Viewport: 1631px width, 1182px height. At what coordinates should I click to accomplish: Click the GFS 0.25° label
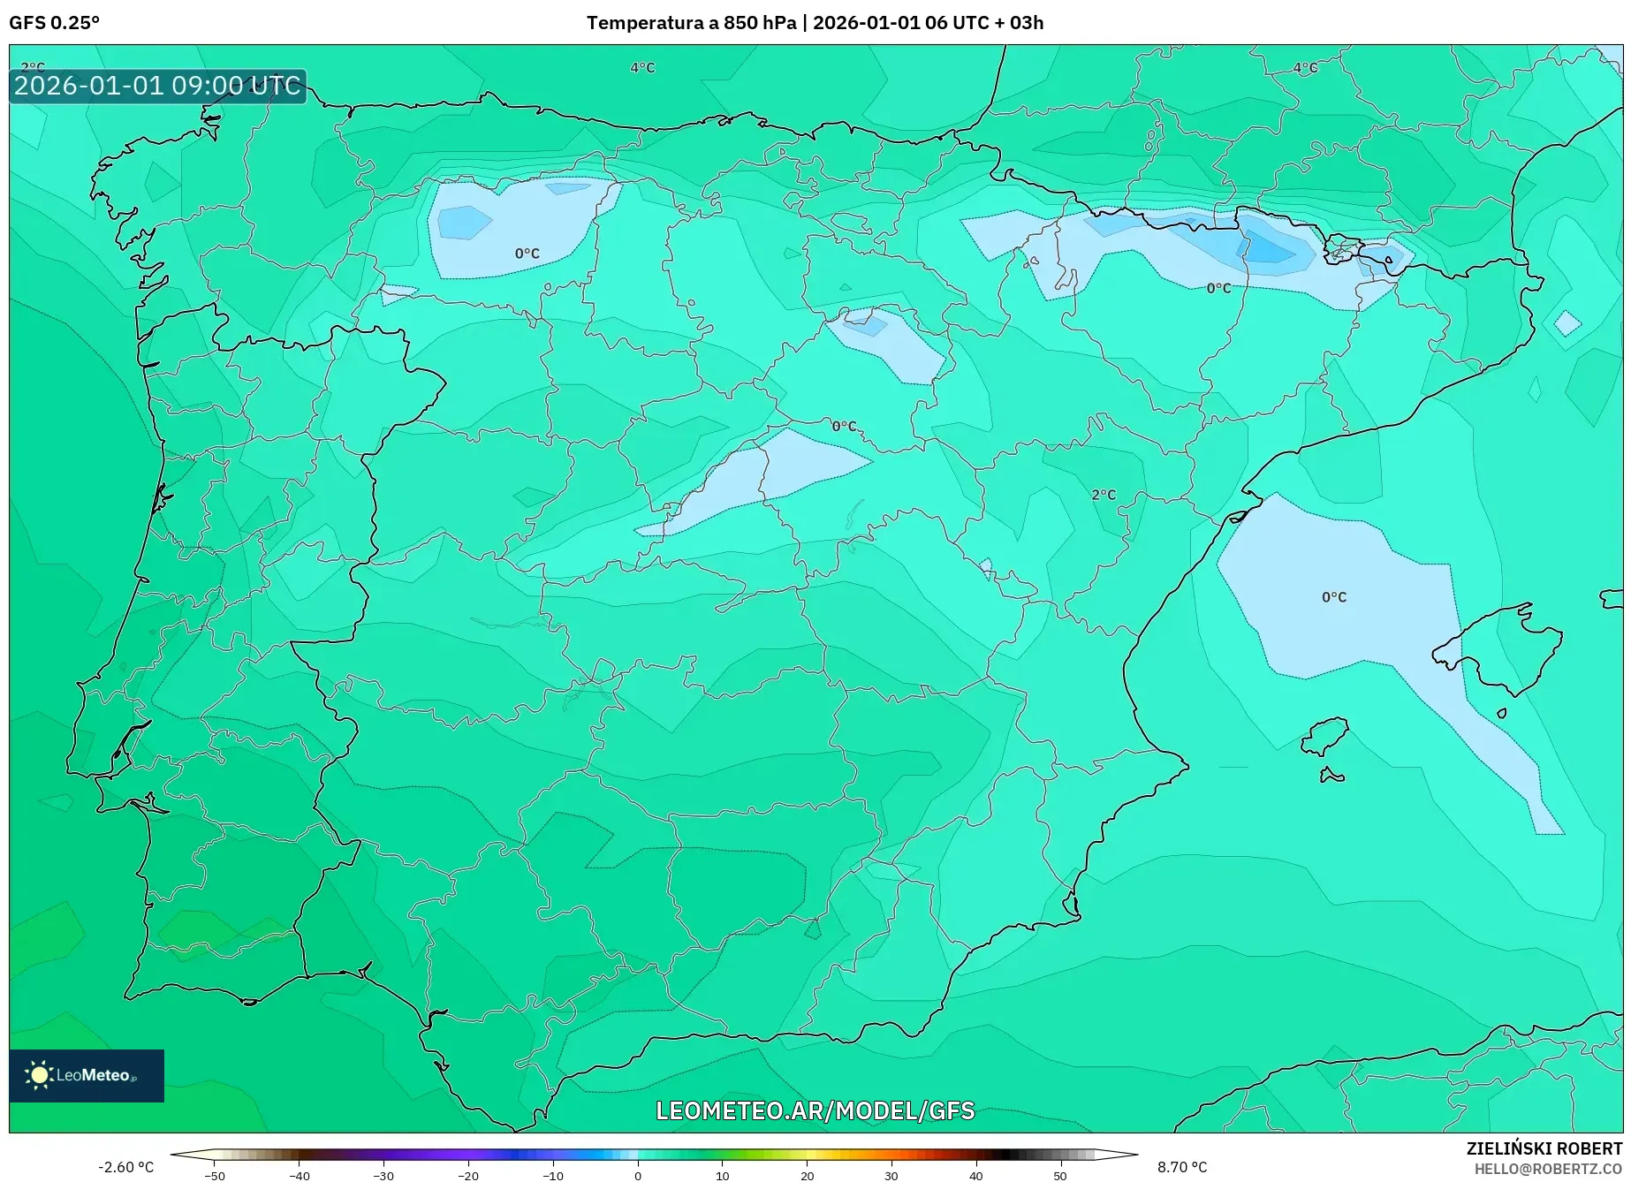pos(55,23)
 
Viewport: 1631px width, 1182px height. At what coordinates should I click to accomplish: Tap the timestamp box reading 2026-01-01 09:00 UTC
pos(157,86)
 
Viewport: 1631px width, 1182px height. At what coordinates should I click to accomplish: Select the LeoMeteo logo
pos(86,1075)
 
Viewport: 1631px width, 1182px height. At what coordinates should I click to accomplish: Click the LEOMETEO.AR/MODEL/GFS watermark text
pos(815,1110)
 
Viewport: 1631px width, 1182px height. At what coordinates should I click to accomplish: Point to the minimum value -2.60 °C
pos(125,1167)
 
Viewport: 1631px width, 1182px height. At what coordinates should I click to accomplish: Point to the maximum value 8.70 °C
pos(1182,1167)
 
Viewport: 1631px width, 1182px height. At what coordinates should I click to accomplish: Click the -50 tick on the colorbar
pos(214,1175)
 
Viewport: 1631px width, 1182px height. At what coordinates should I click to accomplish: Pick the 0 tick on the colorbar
pos(638,1175)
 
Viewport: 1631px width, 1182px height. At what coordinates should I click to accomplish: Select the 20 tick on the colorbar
pos(807,1175)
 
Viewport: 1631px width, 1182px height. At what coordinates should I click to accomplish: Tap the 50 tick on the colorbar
pos(1060,1175)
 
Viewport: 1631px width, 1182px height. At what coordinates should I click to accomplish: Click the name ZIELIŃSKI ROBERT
pos(1544,1148)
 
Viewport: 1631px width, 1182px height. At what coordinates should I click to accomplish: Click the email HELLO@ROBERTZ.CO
pos(1548,1169)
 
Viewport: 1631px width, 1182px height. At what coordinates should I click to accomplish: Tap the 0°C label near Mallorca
pos(1334,597)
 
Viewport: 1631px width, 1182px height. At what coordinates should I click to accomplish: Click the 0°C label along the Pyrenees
pos(1218,288)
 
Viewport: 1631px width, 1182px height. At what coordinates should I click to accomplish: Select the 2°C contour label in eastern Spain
pos(1104,495)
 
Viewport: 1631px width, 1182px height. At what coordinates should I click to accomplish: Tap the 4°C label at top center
pos(642,68)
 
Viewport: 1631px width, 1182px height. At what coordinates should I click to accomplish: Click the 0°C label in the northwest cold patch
pos(527,254)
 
